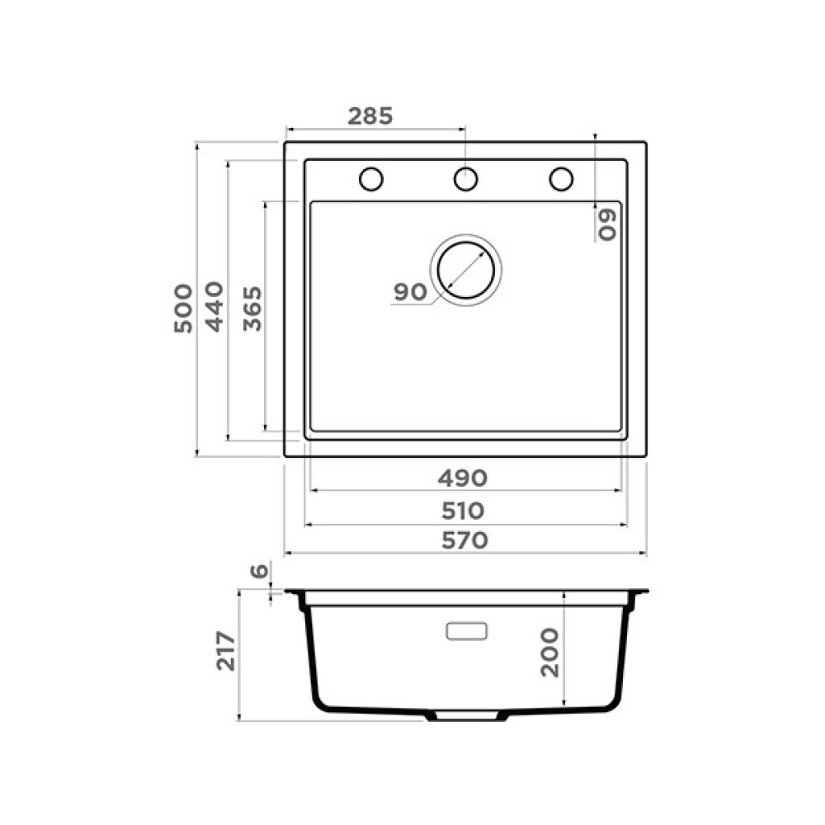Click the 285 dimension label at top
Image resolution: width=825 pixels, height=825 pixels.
coord(370,116)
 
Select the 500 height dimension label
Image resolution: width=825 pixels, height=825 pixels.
coord(183,309)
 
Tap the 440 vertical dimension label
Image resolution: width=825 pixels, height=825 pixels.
coord(214,307)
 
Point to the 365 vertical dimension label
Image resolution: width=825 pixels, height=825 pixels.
coord(252,309)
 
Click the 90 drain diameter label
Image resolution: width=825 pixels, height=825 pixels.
coord(410,292)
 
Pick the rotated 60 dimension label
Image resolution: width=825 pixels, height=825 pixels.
coord(606,225)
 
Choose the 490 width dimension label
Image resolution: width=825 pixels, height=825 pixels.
coord(463,478)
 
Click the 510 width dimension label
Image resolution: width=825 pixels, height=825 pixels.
coord(463,511)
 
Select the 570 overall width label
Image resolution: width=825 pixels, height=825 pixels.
coord(464,540)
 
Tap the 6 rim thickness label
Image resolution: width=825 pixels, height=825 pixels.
coord(259,571)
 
